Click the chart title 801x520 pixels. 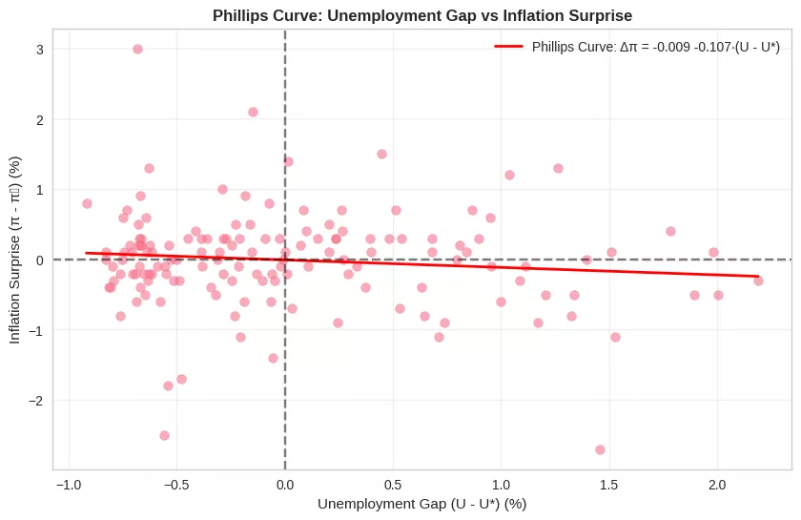(x=421, y=15)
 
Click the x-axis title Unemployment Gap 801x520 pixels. (x=421, y=504)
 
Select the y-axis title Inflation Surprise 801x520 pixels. (x=14, y=250)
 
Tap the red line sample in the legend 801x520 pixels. (x=508, y=47)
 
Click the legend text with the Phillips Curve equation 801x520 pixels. (x=655, y=47)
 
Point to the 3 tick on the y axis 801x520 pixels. (x=40, y=50)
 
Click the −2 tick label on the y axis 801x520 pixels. (x=37, y=401)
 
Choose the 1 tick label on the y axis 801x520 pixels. (x=40, y=190)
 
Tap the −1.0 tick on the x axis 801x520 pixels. (x=69, y=485)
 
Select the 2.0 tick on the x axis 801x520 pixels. (x=717, y=485)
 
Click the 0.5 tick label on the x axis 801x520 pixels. (x=393, y=485)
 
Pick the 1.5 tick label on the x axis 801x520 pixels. (x=608, y=485)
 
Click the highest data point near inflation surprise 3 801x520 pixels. (x=137, y=49)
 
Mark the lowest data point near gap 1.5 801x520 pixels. (x=600, y=449)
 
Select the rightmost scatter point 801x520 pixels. (x=758, y=281)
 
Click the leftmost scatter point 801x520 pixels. (x=87, y=203)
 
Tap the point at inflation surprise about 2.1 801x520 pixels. (x=253, y=112)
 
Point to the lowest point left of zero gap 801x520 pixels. (x=164, y=435)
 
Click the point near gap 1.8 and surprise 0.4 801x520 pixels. (x=670, y=231)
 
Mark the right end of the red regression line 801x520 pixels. (x=758, y=277)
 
